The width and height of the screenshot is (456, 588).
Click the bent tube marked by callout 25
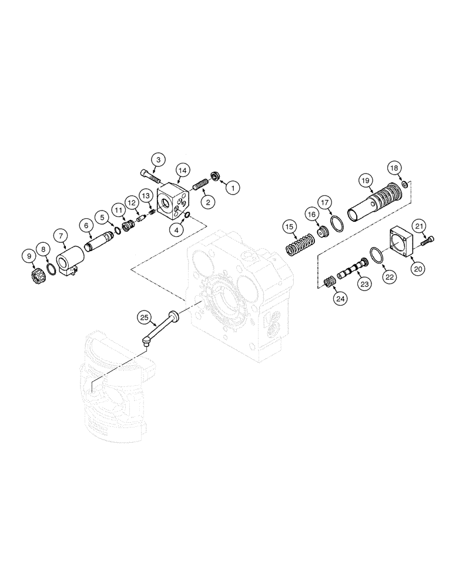point(160,326)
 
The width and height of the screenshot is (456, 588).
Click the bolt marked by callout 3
point(152,175)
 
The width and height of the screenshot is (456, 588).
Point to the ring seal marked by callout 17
point(336,225)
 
